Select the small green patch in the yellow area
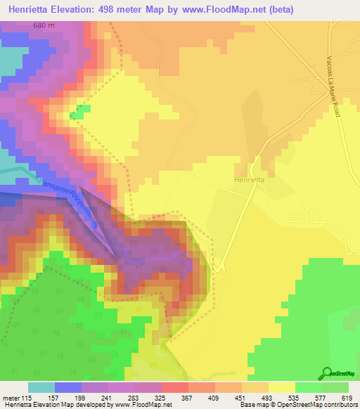(80, 111)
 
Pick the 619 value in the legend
(348, 398)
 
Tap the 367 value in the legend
(188, 398)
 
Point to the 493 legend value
(268, 398)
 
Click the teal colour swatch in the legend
(41, 387)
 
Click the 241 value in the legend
(108, 398)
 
